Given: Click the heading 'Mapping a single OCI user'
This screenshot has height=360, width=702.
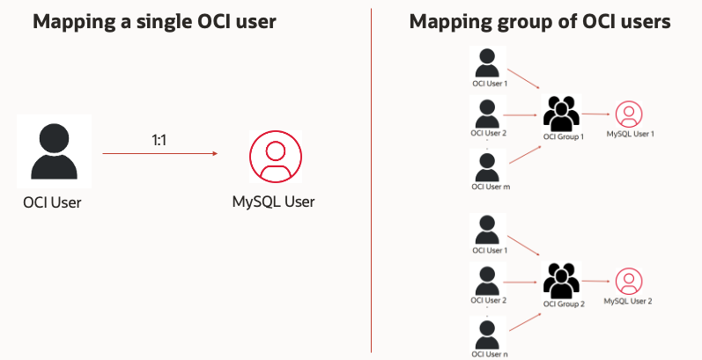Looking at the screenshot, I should pos(154,22).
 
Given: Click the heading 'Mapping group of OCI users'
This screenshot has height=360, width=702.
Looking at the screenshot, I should pos(540,22).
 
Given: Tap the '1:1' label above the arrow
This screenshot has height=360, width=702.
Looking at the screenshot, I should pos(160,139).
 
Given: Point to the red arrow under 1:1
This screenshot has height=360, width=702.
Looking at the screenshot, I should pos(159,154).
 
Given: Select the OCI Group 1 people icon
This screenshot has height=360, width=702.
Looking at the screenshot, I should pos(562,114).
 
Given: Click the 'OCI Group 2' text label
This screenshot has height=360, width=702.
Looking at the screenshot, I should pos(564,305).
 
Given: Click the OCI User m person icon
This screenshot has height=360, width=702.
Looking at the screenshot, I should pos(491,165).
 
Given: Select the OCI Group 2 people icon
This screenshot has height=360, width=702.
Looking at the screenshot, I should pos(562,281).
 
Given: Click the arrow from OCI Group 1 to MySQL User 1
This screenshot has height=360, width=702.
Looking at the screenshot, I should pos(595,114).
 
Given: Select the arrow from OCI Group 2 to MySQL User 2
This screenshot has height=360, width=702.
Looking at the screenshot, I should pos(595,282).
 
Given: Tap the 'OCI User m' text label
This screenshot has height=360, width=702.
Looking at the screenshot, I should pos(491,187).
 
